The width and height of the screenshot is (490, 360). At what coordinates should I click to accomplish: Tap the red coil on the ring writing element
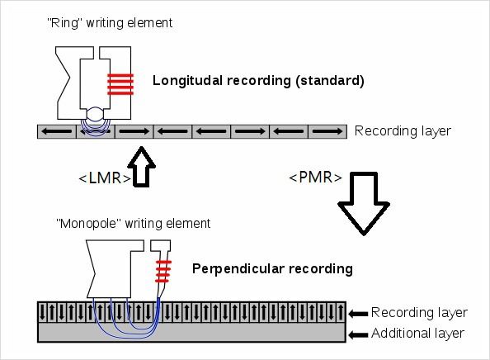pyautogui.click(x=120, y=84)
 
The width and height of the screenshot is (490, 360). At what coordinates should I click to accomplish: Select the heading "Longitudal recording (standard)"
pyautogui.click(x=258, y=81)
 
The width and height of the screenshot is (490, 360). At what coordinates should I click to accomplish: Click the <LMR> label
pyautogui.click(x=105, y=178)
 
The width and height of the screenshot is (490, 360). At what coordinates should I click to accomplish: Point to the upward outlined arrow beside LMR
pyautogui.click(x=142, y=167)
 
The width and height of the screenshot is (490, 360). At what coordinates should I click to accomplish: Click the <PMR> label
pyautogui.click(x=316, y=178)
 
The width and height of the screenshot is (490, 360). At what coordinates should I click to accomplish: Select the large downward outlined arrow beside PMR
pyautogui.click(x=364, y=203)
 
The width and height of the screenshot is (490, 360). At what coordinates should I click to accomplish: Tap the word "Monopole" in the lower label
pyautogui.click(x=89, y=224)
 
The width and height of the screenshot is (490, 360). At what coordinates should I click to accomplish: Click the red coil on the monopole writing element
pyautogui.click(x=163, y=271)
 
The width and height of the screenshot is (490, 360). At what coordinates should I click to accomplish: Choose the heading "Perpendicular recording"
pyautogui.click(x=272, y=269)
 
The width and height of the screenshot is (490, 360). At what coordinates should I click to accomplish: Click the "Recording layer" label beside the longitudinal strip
pyautogui.click(x=403, y=130)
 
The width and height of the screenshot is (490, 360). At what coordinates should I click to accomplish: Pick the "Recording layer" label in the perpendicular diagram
pyautogui.click(x=419, y=312)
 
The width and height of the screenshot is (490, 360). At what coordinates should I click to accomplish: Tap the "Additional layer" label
pyautogui.click(x=417, y=334)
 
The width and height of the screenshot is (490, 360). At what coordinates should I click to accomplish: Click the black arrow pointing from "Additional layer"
pyautogui.click(x=358, y=335)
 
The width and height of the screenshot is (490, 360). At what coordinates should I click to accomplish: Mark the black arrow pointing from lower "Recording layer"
pyautogui.click(x=358, y=314)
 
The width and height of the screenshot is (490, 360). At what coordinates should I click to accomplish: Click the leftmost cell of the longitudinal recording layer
pyautogui.click(x=57, y=131)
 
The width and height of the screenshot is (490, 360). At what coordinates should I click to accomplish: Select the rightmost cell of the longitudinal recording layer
pyautogui.click(x=327, y=131)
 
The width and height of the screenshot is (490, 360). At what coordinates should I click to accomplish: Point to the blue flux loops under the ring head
pyautogui.click(x=96, y=127)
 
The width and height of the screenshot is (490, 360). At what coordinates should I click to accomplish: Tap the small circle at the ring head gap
pyautogui.click(x=96, y=114)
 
